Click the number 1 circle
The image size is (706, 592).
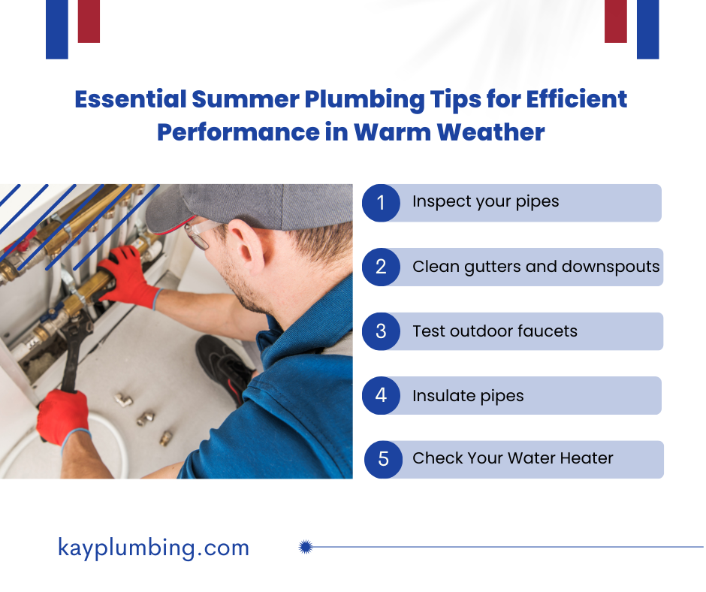(381, 203)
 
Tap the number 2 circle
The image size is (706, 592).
(381, 267)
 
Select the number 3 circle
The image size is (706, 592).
(381, 331)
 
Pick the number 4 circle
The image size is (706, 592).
(381, 396)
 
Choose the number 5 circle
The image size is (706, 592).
(383, 460)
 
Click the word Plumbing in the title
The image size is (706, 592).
(364, 100)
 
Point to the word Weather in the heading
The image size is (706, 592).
(490, 132)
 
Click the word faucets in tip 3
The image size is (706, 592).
(548, 331)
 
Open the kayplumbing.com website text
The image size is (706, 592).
(153, 548)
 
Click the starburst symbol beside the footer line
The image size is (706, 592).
(306, 547)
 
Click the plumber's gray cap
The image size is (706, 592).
(250, 207)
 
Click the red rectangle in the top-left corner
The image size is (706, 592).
(89, 21)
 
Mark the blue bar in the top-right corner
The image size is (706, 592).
(648, 29)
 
